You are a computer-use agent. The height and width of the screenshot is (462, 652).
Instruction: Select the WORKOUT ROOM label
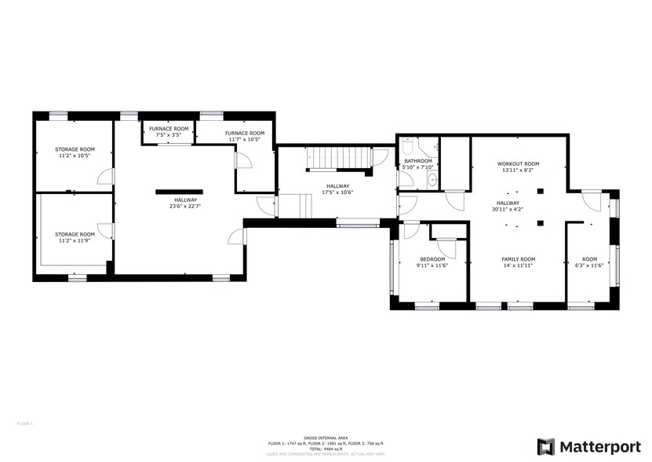518,163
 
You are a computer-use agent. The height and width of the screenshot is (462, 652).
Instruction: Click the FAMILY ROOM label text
518,259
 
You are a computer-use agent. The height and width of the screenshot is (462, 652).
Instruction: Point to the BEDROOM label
432,259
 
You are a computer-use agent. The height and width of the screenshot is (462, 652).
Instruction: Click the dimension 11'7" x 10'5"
244,140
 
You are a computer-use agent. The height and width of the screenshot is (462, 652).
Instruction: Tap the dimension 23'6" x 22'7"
186,207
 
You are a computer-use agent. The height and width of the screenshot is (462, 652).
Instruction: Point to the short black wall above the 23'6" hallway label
179,190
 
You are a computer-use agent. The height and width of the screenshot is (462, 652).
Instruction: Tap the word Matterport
600,446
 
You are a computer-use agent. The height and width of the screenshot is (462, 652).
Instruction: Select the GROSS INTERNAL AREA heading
326,438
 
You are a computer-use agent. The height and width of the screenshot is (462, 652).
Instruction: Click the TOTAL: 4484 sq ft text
326,448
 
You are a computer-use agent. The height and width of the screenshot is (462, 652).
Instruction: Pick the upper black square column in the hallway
540,191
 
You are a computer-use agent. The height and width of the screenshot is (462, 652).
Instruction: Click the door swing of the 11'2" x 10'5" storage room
105,178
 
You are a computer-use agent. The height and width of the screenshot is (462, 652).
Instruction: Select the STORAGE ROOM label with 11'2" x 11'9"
75,234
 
